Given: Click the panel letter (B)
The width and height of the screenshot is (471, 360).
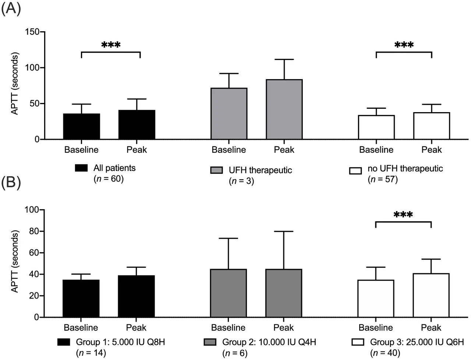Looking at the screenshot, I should click(11, 183).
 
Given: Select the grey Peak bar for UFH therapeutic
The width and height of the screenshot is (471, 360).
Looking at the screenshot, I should click(284, 109).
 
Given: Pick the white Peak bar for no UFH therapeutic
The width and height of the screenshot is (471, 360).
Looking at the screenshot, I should click(431, 126).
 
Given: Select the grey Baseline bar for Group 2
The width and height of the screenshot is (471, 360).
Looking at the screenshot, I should click(228, 293).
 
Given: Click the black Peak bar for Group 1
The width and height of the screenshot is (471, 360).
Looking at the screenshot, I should click(136, 296).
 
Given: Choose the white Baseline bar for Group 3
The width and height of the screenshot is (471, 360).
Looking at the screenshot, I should click(376, 298).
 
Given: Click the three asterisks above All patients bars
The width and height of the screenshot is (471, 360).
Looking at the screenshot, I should click(111, 45).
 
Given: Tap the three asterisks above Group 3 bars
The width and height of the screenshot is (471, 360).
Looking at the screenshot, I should click(403, 215).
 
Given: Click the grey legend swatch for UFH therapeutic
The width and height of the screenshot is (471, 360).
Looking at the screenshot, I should click(216, 170).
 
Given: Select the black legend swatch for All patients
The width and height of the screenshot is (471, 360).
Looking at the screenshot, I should click(81, 168).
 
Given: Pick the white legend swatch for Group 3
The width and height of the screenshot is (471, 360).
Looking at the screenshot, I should click(358, 342).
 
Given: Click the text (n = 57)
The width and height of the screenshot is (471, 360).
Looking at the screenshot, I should click(383, 179).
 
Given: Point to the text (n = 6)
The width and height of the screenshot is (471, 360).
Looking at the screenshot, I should click(235, 353).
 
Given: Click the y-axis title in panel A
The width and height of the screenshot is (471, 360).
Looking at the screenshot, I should click(15, 83).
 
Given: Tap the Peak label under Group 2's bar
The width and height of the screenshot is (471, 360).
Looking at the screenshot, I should click(283, 328).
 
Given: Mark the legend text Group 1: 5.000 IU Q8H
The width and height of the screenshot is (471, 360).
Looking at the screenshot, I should click(120, 342).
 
